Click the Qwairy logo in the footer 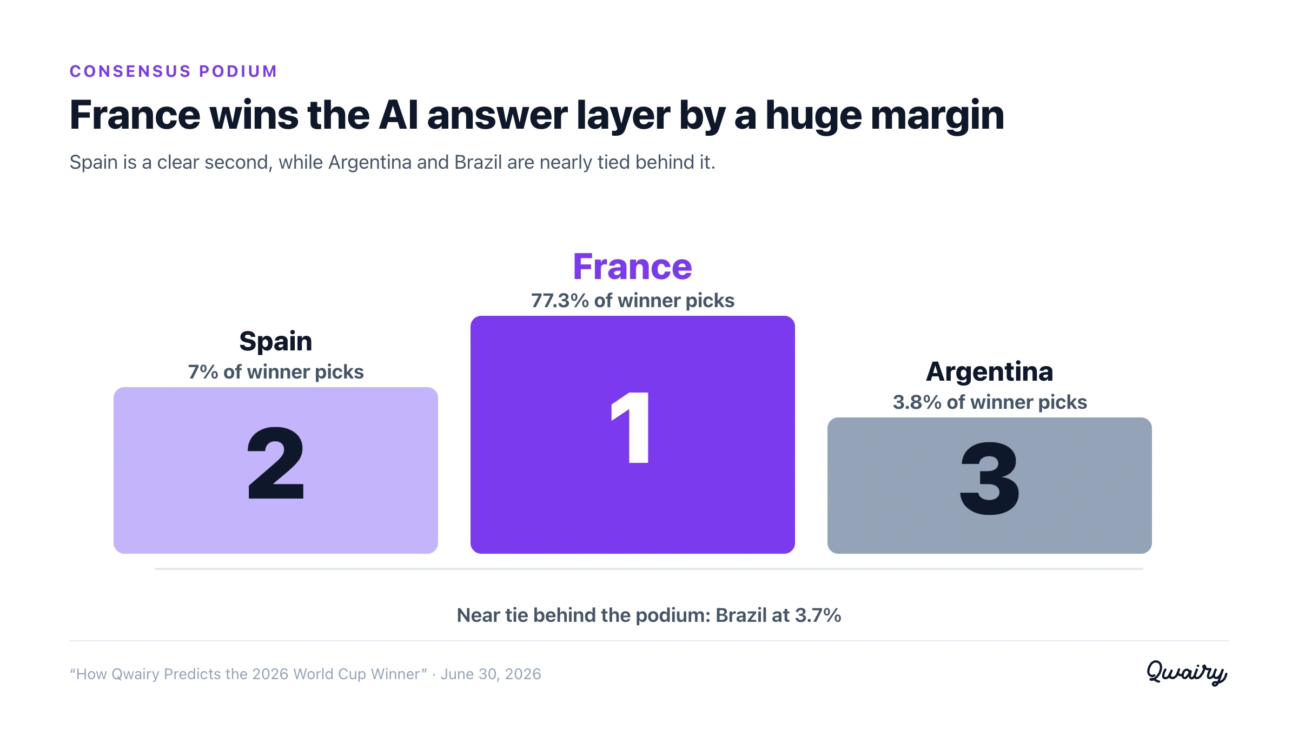tap(1187, 673)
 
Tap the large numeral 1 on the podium tap(631, 428)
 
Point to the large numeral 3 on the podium tap(989, 479)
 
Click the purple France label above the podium tap(632, 267)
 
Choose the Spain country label tap(276, 342)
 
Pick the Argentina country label tap(990, 372)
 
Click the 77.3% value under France tap(560, 301)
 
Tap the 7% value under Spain tap(203, 372)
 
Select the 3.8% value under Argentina tap(917, 402)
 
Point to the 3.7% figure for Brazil tap(818, 615)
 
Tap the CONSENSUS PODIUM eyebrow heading tap(174, 71)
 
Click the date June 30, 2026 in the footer tap(491, 674)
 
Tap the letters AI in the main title tap(399, 115)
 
